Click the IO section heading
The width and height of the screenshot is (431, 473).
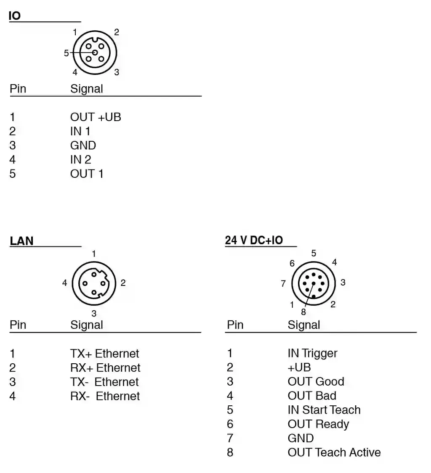[x=14, y=16]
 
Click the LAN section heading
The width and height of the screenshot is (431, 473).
[x=21, y=241]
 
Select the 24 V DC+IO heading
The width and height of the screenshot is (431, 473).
[x=254, y=240]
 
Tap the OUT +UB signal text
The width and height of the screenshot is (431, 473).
[x=96, y=117]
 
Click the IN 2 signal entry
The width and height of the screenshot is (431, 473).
[x=80, y=159]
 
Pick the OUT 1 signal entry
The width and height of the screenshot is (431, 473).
[x=87, y=174]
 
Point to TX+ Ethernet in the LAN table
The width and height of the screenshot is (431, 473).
[x=104, y=354]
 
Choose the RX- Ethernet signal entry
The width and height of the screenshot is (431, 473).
[x=105, y=396]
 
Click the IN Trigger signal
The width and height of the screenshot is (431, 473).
[x=312, y=353]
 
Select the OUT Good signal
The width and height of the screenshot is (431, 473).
[x=316, y=381]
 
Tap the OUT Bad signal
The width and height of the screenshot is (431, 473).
[x=312, y=396]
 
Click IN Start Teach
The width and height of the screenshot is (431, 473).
[x=324, y=410]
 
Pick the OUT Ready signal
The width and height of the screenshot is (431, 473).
[x=318, y=424]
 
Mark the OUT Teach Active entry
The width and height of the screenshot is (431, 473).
[x=334, y=452]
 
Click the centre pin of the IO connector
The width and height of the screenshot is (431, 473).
[x=95, y=53]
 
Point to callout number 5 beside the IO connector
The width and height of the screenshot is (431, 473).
[x=66, y=53]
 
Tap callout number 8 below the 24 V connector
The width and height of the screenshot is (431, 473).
[x=303, y=312]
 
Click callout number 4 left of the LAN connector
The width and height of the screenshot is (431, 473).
[x=64, y=283]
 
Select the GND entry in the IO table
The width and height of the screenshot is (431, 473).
[x=83, y=145]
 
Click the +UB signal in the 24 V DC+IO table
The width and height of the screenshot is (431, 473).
[x=299, y=367]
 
